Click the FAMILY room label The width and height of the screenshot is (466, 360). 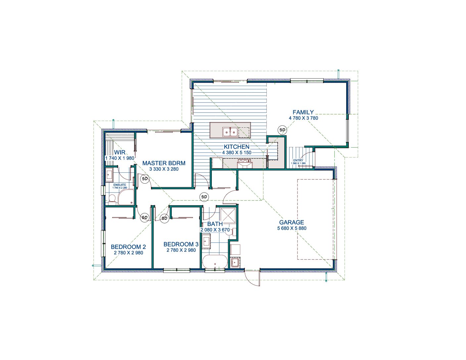[x=303, y=112]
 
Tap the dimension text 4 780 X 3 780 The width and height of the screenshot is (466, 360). [x=303, y=118]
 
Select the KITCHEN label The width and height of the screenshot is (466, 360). [x=237, y=147]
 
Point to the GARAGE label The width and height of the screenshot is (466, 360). [x=292, y=222]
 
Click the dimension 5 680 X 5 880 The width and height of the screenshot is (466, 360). [x=292, y=228]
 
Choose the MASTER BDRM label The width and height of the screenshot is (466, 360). [x=164, y=163]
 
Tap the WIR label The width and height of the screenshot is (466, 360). [x=120, y=153]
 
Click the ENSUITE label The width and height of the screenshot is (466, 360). [x=120, y=185]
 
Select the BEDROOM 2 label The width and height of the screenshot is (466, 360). [x=128, y=247]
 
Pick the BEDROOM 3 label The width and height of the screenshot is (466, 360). [x=181, y=244]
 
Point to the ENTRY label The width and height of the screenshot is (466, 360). [x=298, y=160]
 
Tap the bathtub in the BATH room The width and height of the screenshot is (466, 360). [x=215, y=261]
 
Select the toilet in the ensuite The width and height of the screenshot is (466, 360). [x=112, y=199]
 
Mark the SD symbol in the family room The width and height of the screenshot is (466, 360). [x=282, y=130]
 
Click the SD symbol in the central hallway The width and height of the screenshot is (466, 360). [x=204, y=197]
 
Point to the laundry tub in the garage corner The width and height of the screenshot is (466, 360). [x=235, y=262]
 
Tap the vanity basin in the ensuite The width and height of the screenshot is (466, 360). [x=109, y=175]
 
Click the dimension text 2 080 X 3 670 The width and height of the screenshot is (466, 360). [x=215, y=230]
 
